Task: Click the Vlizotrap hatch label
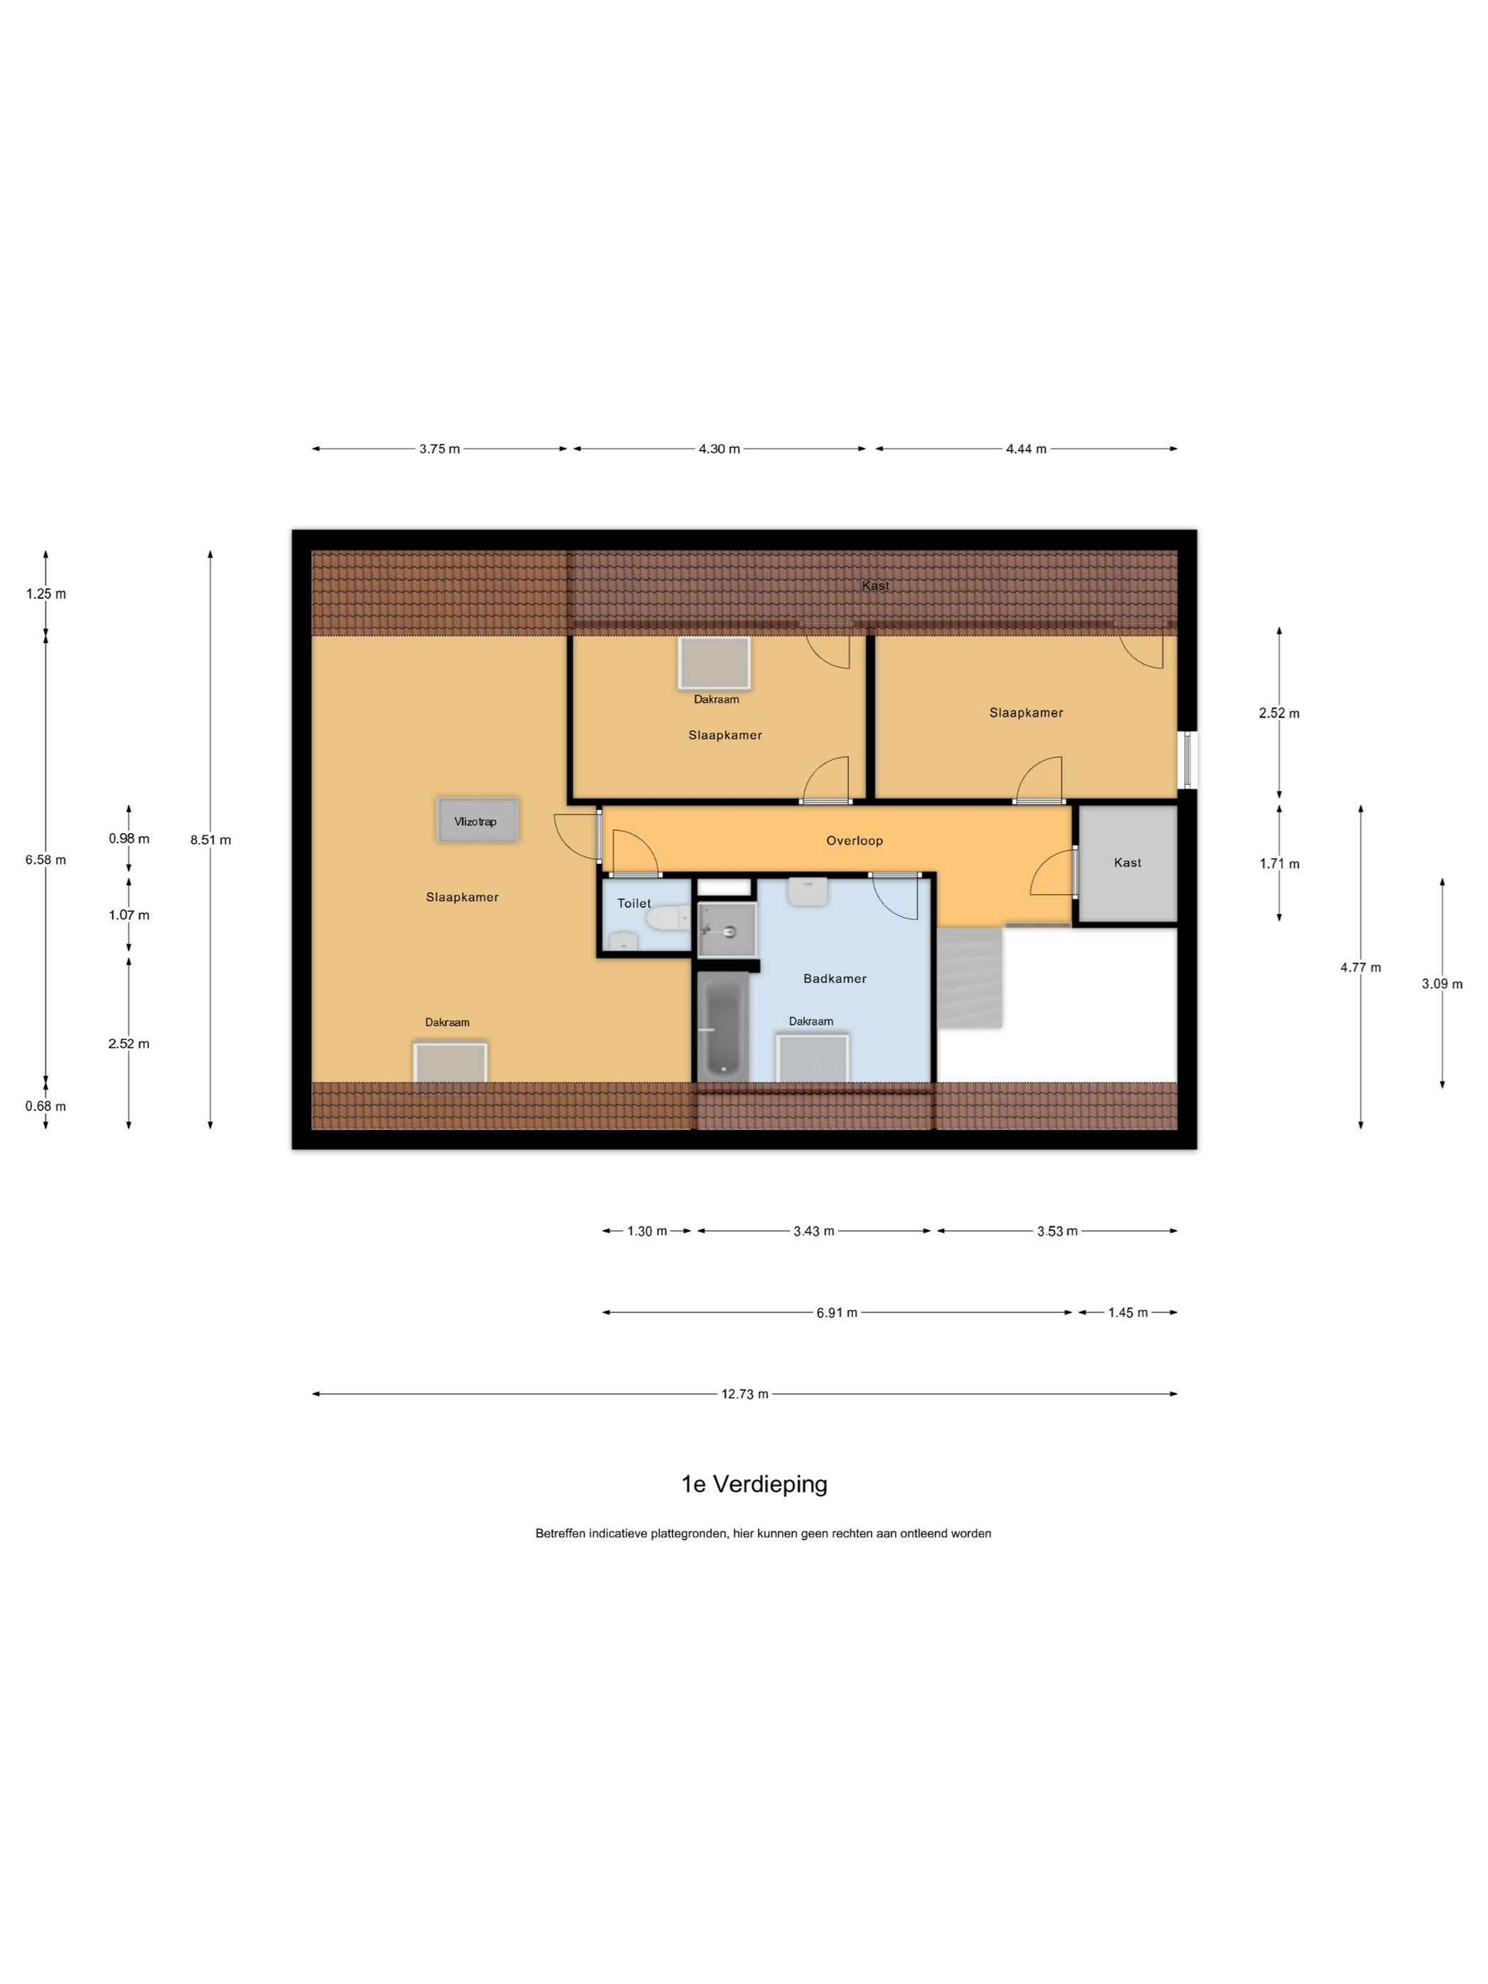pos(475,821)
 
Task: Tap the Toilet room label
pos(634,903)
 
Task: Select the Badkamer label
pos(835,979)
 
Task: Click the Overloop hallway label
pos(855,840)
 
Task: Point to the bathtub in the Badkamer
pos(723,1027)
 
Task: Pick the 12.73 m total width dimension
pos(745,1394)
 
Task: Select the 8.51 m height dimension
pos(210,840)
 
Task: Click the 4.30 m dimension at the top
pos(719,449)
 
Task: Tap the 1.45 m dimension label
pos(1127,1312)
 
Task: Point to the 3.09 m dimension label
pos(1442,984)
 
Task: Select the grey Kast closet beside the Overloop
pos(1127,864)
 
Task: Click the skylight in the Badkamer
pos(812,1059)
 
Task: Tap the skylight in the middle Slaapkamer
pos(714,663)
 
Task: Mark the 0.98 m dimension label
pos(129,839)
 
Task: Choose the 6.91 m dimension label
pos(837,1312)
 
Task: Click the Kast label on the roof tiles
pos(875,586)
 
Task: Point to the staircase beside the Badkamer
pos(969,978)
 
